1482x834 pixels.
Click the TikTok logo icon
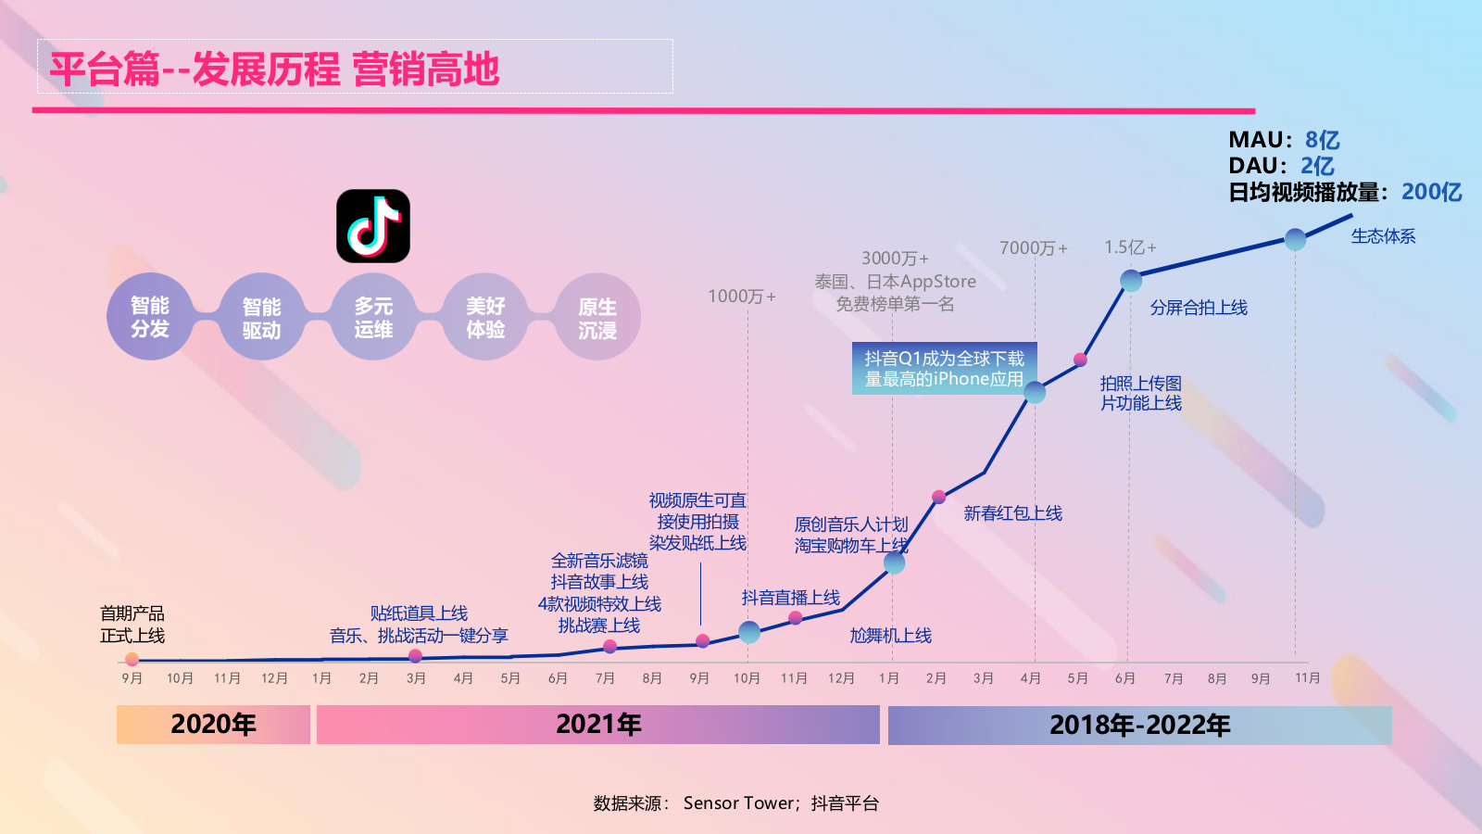373,226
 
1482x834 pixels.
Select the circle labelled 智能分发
150,317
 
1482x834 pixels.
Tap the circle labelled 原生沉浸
597,318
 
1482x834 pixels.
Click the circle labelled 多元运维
373,318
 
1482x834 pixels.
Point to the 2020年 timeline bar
213,725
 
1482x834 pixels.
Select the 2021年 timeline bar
598,725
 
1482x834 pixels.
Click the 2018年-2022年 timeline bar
1139,726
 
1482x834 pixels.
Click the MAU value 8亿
1322,140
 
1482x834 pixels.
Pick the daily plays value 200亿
1431,192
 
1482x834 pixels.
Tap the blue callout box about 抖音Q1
944,369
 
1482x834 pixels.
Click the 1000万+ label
742,297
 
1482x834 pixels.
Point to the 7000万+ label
1033,248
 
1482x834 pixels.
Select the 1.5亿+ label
1130,247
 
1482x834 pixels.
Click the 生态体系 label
1383,236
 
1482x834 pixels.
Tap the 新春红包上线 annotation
1012,513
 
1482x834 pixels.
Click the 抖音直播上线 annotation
790,598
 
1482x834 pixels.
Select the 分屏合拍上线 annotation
1199,308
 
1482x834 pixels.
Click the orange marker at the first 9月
132,660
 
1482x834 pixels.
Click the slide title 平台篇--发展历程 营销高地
274,69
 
